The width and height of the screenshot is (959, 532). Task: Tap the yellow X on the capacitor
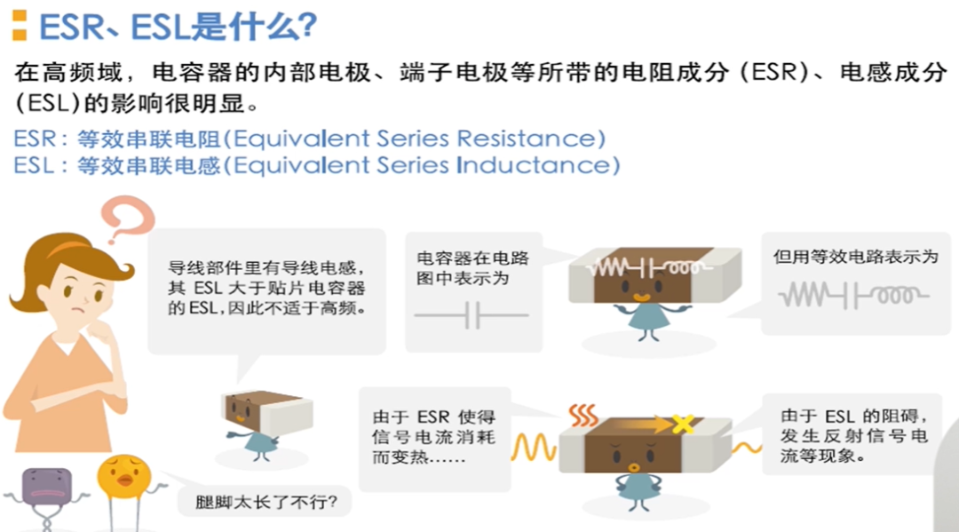(x=683, y=423)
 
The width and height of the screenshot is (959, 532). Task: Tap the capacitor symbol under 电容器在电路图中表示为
(x=472, y=315)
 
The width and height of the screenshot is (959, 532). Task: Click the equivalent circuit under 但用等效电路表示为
(x=853, y=296)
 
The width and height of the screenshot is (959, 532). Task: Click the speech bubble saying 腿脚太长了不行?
(x=265, y=502)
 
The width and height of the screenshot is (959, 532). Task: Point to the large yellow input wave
(x=534, y=448)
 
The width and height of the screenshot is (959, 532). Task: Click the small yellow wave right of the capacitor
(x=747, y=449)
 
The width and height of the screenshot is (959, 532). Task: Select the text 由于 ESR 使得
(x=433, y=417)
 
